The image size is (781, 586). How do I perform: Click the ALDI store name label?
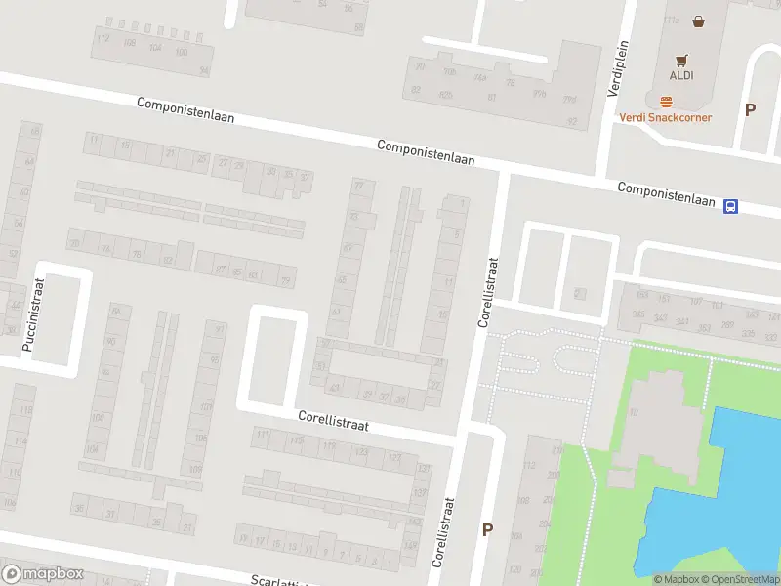(680, 76)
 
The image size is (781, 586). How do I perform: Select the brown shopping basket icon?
(699, 20)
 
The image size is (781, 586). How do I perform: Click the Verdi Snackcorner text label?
(666, 117)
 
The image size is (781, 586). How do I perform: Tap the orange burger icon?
(667, 102)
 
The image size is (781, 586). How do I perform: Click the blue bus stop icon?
(730, 206)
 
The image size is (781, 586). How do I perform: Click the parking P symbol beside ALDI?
(750, 110)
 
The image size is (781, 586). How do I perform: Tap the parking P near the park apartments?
(487, 530)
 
